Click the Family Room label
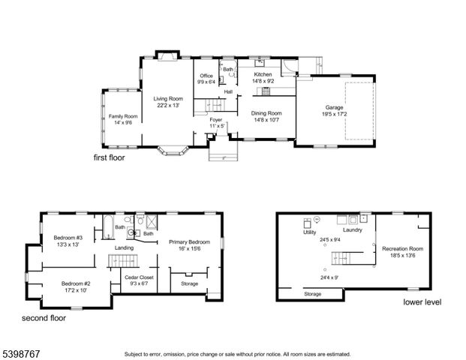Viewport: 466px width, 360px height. pos(122,116)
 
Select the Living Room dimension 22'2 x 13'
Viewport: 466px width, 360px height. pos(169,106)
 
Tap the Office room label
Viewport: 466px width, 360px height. pos(206,76)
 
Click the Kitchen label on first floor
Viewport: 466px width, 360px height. pos(263,75)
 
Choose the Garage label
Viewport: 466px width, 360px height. pos(334,108)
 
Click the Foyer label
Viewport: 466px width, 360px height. pos(216,119)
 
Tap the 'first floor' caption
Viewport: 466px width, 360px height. pos(109,158)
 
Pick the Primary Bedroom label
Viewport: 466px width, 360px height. pos(189,241)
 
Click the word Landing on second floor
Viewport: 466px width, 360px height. pos(124,247)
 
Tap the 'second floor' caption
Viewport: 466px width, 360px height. pos(44,318)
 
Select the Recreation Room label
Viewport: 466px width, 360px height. pos(402,248)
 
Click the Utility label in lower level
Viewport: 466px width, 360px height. pos(309,232)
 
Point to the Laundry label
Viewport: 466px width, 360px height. pos(352,229)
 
